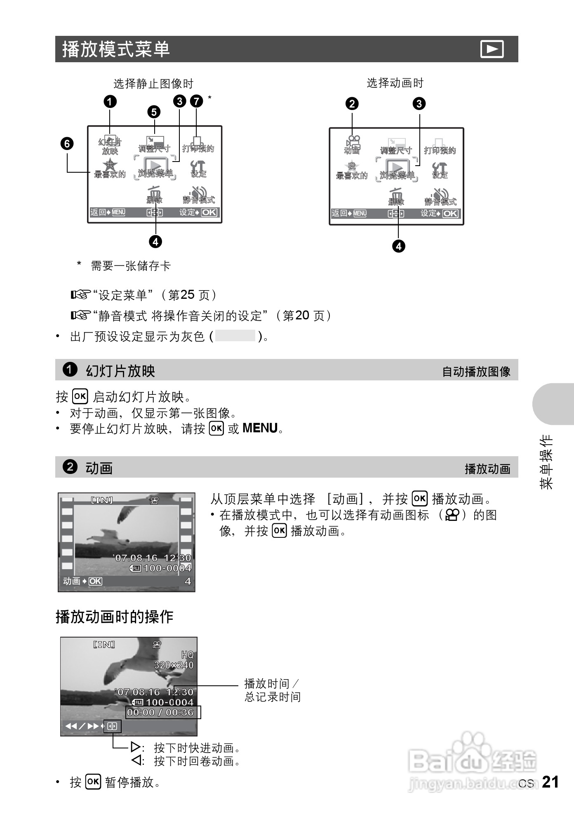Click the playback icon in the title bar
click(x=492, y=49)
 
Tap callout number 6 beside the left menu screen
click(x=67, y=144)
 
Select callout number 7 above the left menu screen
click(x=196, y=101)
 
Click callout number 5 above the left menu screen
click(x=154, y=112)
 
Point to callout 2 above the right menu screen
click(x=352, y=103)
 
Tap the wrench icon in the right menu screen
click(x=440, y=168)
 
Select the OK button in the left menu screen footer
click(x=209, y=212)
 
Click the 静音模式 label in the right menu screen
click(x=441, y=202)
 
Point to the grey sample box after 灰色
click(x=235, y=336)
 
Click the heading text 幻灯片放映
click(x=120, y=371)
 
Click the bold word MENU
click(x=260, y=428)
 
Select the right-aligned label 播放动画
click(x=487, y=469)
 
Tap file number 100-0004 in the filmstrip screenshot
click(x=167, y=568)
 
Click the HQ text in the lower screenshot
click(x=187, y=655)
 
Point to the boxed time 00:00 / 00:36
click(x=160, y=713)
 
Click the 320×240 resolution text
click(x=174, y=665)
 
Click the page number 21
click(x=550, y=782)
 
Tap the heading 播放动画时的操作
click(x=115, y=617)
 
